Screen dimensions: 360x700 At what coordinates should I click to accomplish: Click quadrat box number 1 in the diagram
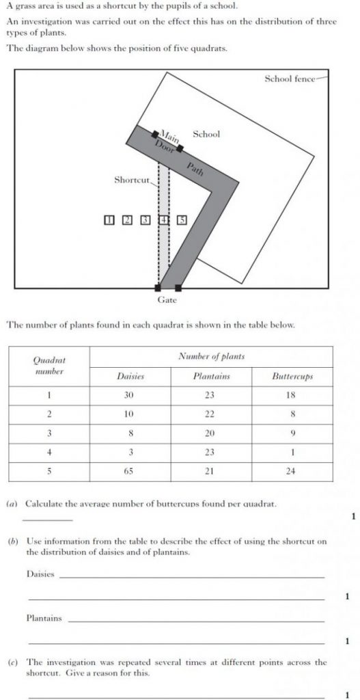coord(109,220)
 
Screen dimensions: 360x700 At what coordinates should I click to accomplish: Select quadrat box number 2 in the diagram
coord(126,220)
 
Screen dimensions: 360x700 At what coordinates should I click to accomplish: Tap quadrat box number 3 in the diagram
coord(145,220)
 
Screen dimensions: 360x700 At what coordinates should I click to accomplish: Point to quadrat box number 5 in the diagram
coord(182,220)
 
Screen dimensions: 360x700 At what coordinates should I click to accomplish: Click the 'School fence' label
coord(290,79)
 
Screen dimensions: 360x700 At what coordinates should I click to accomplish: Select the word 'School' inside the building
coord(206,134)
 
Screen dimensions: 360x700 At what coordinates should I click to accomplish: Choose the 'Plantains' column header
coord(211,377)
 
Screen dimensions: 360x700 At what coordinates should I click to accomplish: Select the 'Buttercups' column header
coord(292,377)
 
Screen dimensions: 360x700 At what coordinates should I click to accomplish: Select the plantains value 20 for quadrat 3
coord(210,433)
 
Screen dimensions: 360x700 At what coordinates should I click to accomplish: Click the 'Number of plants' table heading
coord(211,356)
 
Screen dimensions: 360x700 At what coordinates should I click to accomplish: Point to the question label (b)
coord(12,541)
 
